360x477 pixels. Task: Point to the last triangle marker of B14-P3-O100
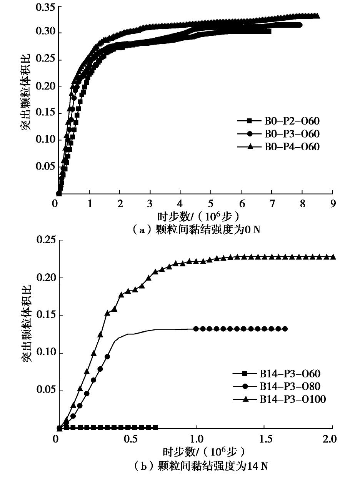click(x=333, y=257)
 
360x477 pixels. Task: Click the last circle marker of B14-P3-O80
click(x=285, y=329)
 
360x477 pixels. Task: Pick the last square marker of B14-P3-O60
click(x=155, y=427)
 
